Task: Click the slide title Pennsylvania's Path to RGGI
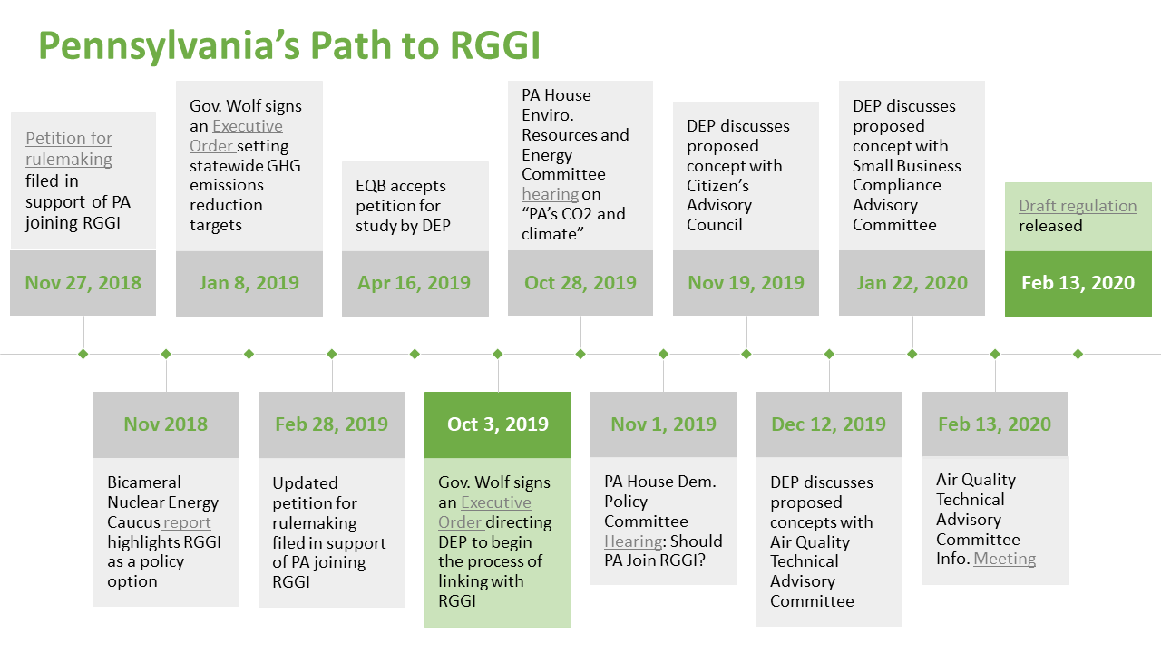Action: (289, 46)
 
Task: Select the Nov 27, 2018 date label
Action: (83, 283)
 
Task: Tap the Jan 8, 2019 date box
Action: (249, 284)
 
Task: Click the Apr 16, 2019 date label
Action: (415, 283)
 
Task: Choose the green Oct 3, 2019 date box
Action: (498, 424)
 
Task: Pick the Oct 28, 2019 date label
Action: (580, 283)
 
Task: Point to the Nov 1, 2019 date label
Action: (663, 424)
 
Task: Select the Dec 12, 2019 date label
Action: (829, 424)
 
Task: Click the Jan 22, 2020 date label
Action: (912, 283)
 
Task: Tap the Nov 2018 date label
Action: (166, 424)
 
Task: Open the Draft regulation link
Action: (1078, 206)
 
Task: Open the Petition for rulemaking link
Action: (69, 149)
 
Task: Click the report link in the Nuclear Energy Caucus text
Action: (186, 522)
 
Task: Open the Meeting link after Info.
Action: (1004, 559)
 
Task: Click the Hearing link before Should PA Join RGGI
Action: (633, 541)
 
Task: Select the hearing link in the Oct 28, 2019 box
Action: (550, 194)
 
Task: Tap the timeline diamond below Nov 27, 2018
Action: (83, 354)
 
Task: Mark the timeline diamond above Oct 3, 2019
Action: (498, 354)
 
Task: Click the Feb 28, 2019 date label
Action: (332, 424)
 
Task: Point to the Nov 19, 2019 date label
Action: (746, 283)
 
